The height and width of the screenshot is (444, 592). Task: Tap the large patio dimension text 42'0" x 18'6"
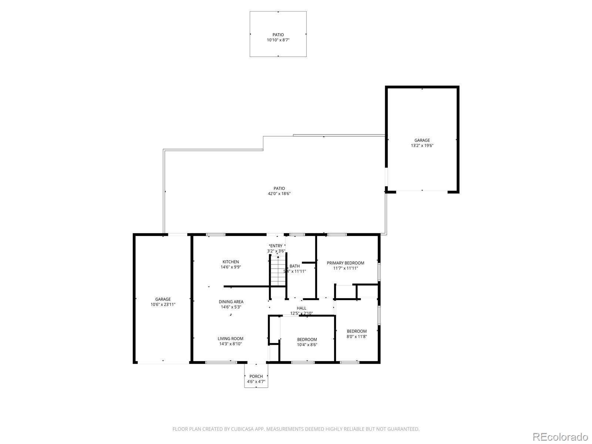279,194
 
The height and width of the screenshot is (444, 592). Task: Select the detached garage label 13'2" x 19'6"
422,145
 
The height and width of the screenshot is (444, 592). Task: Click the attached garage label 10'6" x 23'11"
163,305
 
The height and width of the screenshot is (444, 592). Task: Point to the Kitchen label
231,262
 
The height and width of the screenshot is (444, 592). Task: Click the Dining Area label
231,302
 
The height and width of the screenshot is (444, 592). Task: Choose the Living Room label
230,339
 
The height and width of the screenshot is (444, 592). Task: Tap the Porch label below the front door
256,376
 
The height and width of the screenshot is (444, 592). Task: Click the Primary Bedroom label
345,263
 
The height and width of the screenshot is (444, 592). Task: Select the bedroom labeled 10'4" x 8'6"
307,342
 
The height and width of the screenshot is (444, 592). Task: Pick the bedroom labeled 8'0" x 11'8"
357,334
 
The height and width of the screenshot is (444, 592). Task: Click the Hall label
302,308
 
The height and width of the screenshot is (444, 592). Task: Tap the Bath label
295,266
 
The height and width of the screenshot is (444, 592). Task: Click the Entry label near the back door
276,246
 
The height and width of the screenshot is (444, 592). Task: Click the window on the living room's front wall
221,362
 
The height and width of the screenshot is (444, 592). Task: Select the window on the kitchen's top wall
216,235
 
